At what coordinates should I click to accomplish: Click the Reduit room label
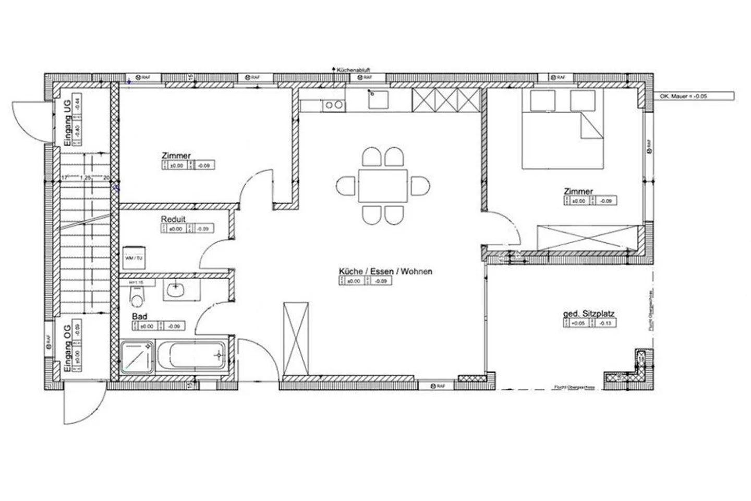(x=173, y=219)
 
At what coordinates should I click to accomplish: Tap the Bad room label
(x=139, y=316)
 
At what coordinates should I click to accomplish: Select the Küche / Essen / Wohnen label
(x=385, y=271)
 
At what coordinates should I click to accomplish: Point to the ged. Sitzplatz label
(x=589, y=314)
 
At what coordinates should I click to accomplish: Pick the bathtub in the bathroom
(x=191, y=357)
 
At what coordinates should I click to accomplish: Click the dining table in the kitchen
(x=383, y=186)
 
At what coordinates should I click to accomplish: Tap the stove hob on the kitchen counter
(x=334, y=105)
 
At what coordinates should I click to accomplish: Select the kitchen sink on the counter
(x=378, y=99)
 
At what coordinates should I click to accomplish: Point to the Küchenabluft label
(x=353, y=69)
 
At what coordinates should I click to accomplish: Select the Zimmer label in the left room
(x=176, y=156)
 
